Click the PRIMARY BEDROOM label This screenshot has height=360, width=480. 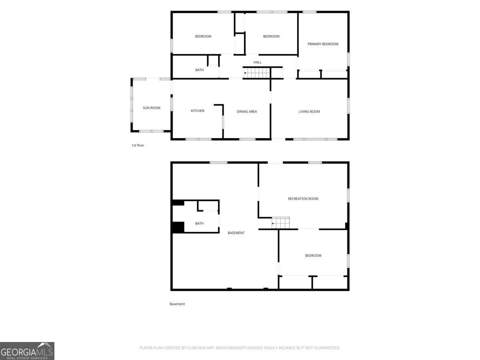point(323,44)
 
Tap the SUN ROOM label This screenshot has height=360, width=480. point(152,108)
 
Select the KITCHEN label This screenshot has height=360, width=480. point(198,111)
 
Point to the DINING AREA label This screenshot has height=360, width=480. point(247,112)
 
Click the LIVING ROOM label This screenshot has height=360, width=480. point(309,112)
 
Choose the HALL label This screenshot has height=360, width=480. point(257,62)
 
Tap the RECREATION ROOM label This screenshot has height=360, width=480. point(303,199)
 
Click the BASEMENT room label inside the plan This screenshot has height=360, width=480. point(236,233)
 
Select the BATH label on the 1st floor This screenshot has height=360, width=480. point(200,70)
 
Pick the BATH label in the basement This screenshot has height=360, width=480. point(200,223)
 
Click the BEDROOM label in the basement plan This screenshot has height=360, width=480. point(313,256)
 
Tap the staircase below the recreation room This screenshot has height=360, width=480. point(280,223)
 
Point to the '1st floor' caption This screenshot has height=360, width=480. point(138,145)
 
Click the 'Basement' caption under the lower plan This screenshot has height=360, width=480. point(177,304)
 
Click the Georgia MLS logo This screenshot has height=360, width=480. point(27,351)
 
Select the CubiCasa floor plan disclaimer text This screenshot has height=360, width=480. point(240,348)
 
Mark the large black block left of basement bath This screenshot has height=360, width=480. point(178,227)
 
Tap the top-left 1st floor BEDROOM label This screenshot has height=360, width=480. point(203,36)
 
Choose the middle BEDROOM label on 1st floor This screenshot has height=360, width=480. point(271,36)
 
